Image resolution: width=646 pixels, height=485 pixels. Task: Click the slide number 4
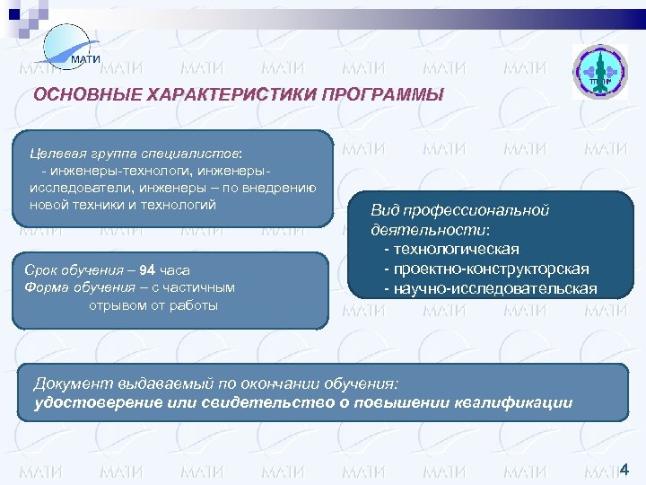(x=624, y=468)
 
